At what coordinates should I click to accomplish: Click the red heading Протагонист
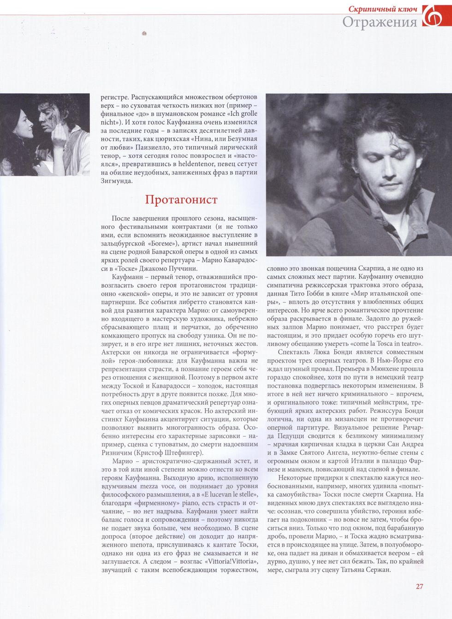click(181, 200)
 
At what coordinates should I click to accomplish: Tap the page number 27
click(419, 586)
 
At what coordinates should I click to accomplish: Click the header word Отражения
click(379, 22)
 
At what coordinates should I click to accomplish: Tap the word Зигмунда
click(117, 181)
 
